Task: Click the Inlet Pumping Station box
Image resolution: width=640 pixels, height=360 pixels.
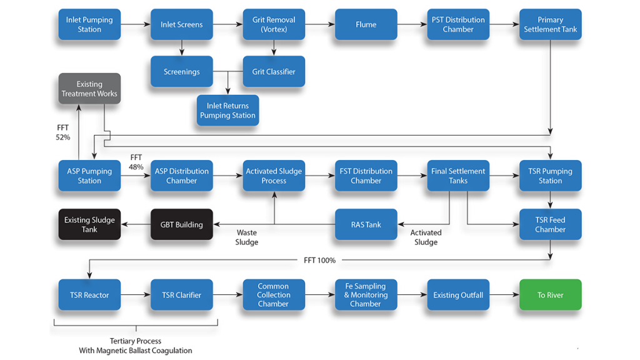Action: coord(89,24)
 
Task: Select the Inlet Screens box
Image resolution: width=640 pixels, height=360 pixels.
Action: coord(181,24)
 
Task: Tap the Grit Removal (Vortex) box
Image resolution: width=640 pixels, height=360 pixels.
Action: coord(274,24)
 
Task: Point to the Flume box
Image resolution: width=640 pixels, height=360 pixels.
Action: coord(366,24)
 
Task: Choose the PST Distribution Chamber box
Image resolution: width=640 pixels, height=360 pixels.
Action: coord(458,24)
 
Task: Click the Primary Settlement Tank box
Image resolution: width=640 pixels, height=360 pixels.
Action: coord(550,24)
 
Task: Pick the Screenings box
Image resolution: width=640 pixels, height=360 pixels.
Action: coord(181,71)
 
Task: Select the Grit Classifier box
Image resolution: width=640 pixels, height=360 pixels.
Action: coord(274,71)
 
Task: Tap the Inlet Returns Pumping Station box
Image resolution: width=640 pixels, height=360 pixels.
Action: coord(227,111)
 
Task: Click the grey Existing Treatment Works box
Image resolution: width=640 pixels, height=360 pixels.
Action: coord(89,89)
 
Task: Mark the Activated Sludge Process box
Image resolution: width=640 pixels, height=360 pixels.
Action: coord(274,176)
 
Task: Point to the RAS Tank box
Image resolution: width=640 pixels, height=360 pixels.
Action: coord(366,224)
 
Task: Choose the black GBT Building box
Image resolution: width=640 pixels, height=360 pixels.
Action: coord(181,224)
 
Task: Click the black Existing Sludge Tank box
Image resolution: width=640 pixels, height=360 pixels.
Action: coord(89,224)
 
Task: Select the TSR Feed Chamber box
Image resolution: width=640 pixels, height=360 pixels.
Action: coord(550,224)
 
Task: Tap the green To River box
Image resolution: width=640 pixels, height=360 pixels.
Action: coord(550,295)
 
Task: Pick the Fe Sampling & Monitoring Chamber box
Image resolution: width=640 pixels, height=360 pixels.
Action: coord(366,295)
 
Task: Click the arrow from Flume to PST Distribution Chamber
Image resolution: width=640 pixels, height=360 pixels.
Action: coord(412,24)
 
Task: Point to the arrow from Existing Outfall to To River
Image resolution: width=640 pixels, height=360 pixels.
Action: coord(504,295)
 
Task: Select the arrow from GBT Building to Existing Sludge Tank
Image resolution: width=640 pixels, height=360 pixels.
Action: coord(135,224)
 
